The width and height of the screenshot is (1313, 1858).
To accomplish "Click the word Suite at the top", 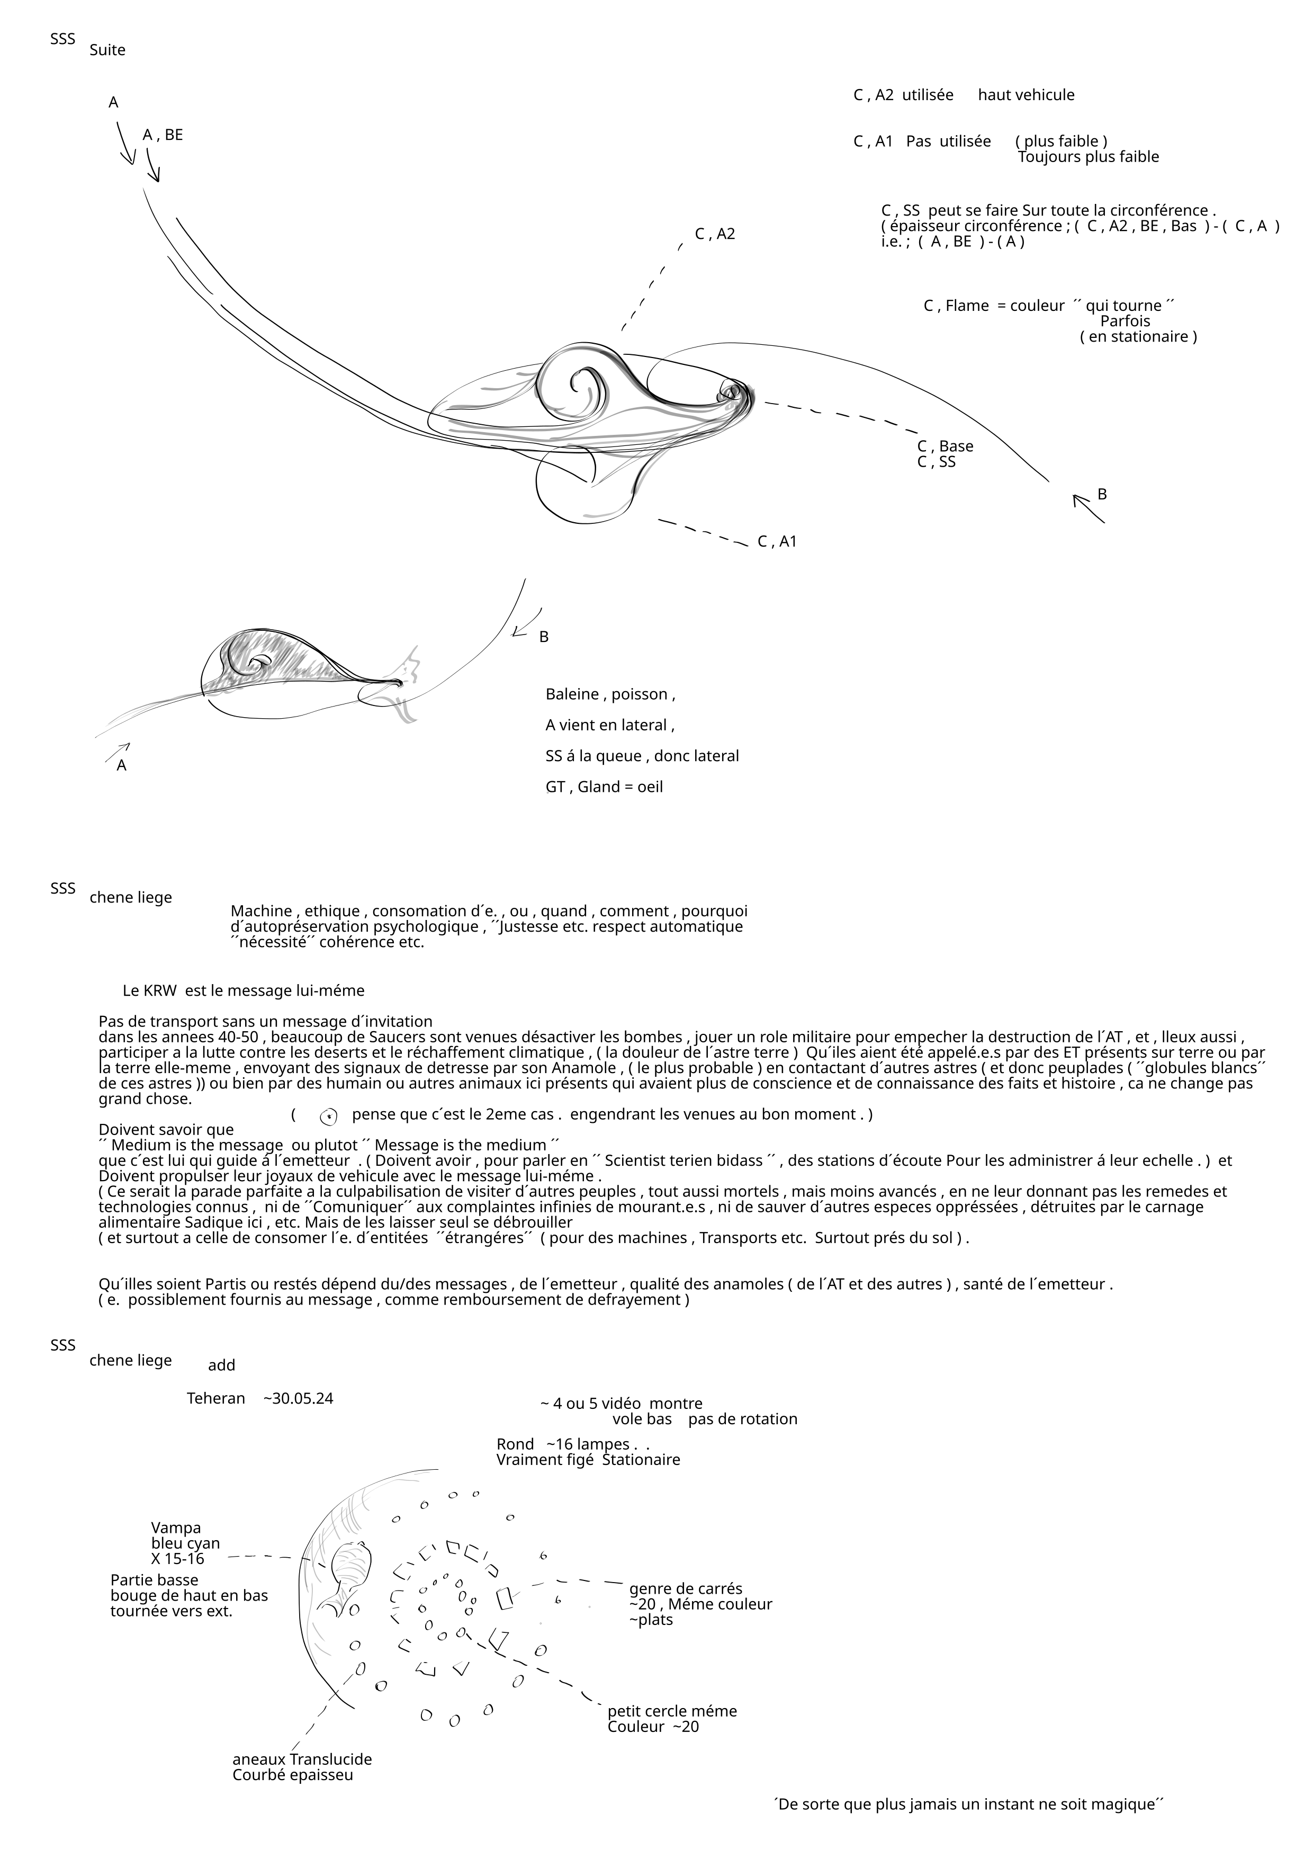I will [107, 50].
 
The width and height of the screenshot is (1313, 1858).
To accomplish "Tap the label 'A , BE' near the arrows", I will [163, 135].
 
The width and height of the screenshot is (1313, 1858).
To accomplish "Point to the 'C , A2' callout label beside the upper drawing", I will [715, 234].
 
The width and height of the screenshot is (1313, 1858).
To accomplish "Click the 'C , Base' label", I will [945, 446].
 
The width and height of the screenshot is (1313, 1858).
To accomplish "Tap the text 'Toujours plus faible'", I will [1088, 157].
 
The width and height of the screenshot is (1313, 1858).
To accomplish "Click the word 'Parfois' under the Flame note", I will [1125, 321].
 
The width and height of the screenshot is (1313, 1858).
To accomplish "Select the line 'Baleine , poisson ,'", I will [610, 694].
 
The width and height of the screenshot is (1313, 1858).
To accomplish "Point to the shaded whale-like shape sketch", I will [275, 665].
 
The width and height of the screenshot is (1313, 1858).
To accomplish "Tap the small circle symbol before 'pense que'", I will [328, 1116].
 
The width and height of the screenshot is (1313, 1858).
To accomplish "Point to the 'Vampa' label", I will [176, 1528].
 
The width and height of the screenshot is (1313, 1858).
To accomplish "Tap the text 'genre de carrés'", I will [685, 1588].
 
